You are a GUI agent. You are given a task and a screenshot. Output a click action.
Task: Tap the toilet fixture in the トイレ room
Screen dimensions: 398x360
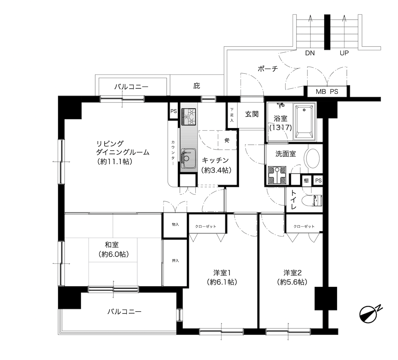tap(312, 201)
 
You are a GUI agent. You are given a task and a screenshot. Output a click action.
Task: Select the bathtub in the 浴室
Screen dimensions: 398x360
tap(304, 122)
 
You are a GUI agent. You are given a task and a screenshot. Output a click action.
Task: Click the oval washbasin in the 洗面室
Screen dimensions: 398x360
tap(313, 158)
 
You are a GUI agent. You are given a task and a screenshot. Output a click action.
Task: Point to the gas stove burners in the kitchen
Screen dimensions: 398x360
tap(188, 117)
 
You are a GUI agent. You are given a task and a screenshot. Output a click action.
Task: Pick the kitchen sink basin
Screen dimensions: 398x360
tap(188, 158)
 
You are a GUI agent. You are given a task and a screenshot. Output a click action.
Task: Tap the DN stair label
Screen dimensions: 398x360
tap(310, 53)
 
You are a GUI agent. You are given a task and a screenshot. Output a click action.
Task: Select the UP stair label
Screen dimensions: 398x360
tap(344, 53)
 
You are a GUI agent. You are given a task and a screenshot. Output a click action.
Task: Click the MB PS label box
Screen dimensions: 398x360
tap(327, 91)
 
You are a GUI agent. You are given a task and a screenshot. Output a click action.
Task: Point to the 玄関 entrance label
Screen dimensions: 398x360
tap(252, 114)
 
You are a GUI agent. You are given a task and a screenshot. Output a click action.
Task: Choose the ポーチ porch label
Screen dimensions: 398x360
tap(268, 69)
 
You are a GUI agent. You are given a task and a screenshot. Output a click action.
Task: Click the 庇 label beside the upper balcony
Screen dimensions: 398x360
tap(197, 86)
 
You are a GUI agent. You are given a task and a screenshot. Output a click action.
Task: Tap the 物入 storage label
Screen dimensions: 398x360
tap(175, 224)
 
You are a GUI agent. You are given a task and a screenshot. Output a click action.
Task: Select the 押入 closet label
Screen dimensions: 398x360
tap(175, 261)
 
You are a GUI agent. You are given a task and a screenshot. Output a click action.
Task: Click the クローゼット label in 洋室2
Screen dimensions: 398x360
tap(304, 226)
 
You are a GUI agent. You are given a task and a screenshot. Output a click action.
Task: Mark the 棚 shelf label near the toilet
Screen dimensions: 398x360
tap(306, 180)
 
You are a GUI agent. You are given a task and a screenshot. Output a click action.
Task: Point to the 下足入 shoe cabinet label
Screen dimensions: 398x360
tap(232, 115)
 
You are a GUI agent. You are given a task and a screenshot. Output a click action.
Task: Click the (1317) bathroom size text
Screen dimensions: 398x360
tap(281, 128)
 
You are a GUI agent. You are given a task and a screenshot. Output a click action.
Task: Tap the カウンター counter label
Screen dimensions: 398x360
tap(173, 153)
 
